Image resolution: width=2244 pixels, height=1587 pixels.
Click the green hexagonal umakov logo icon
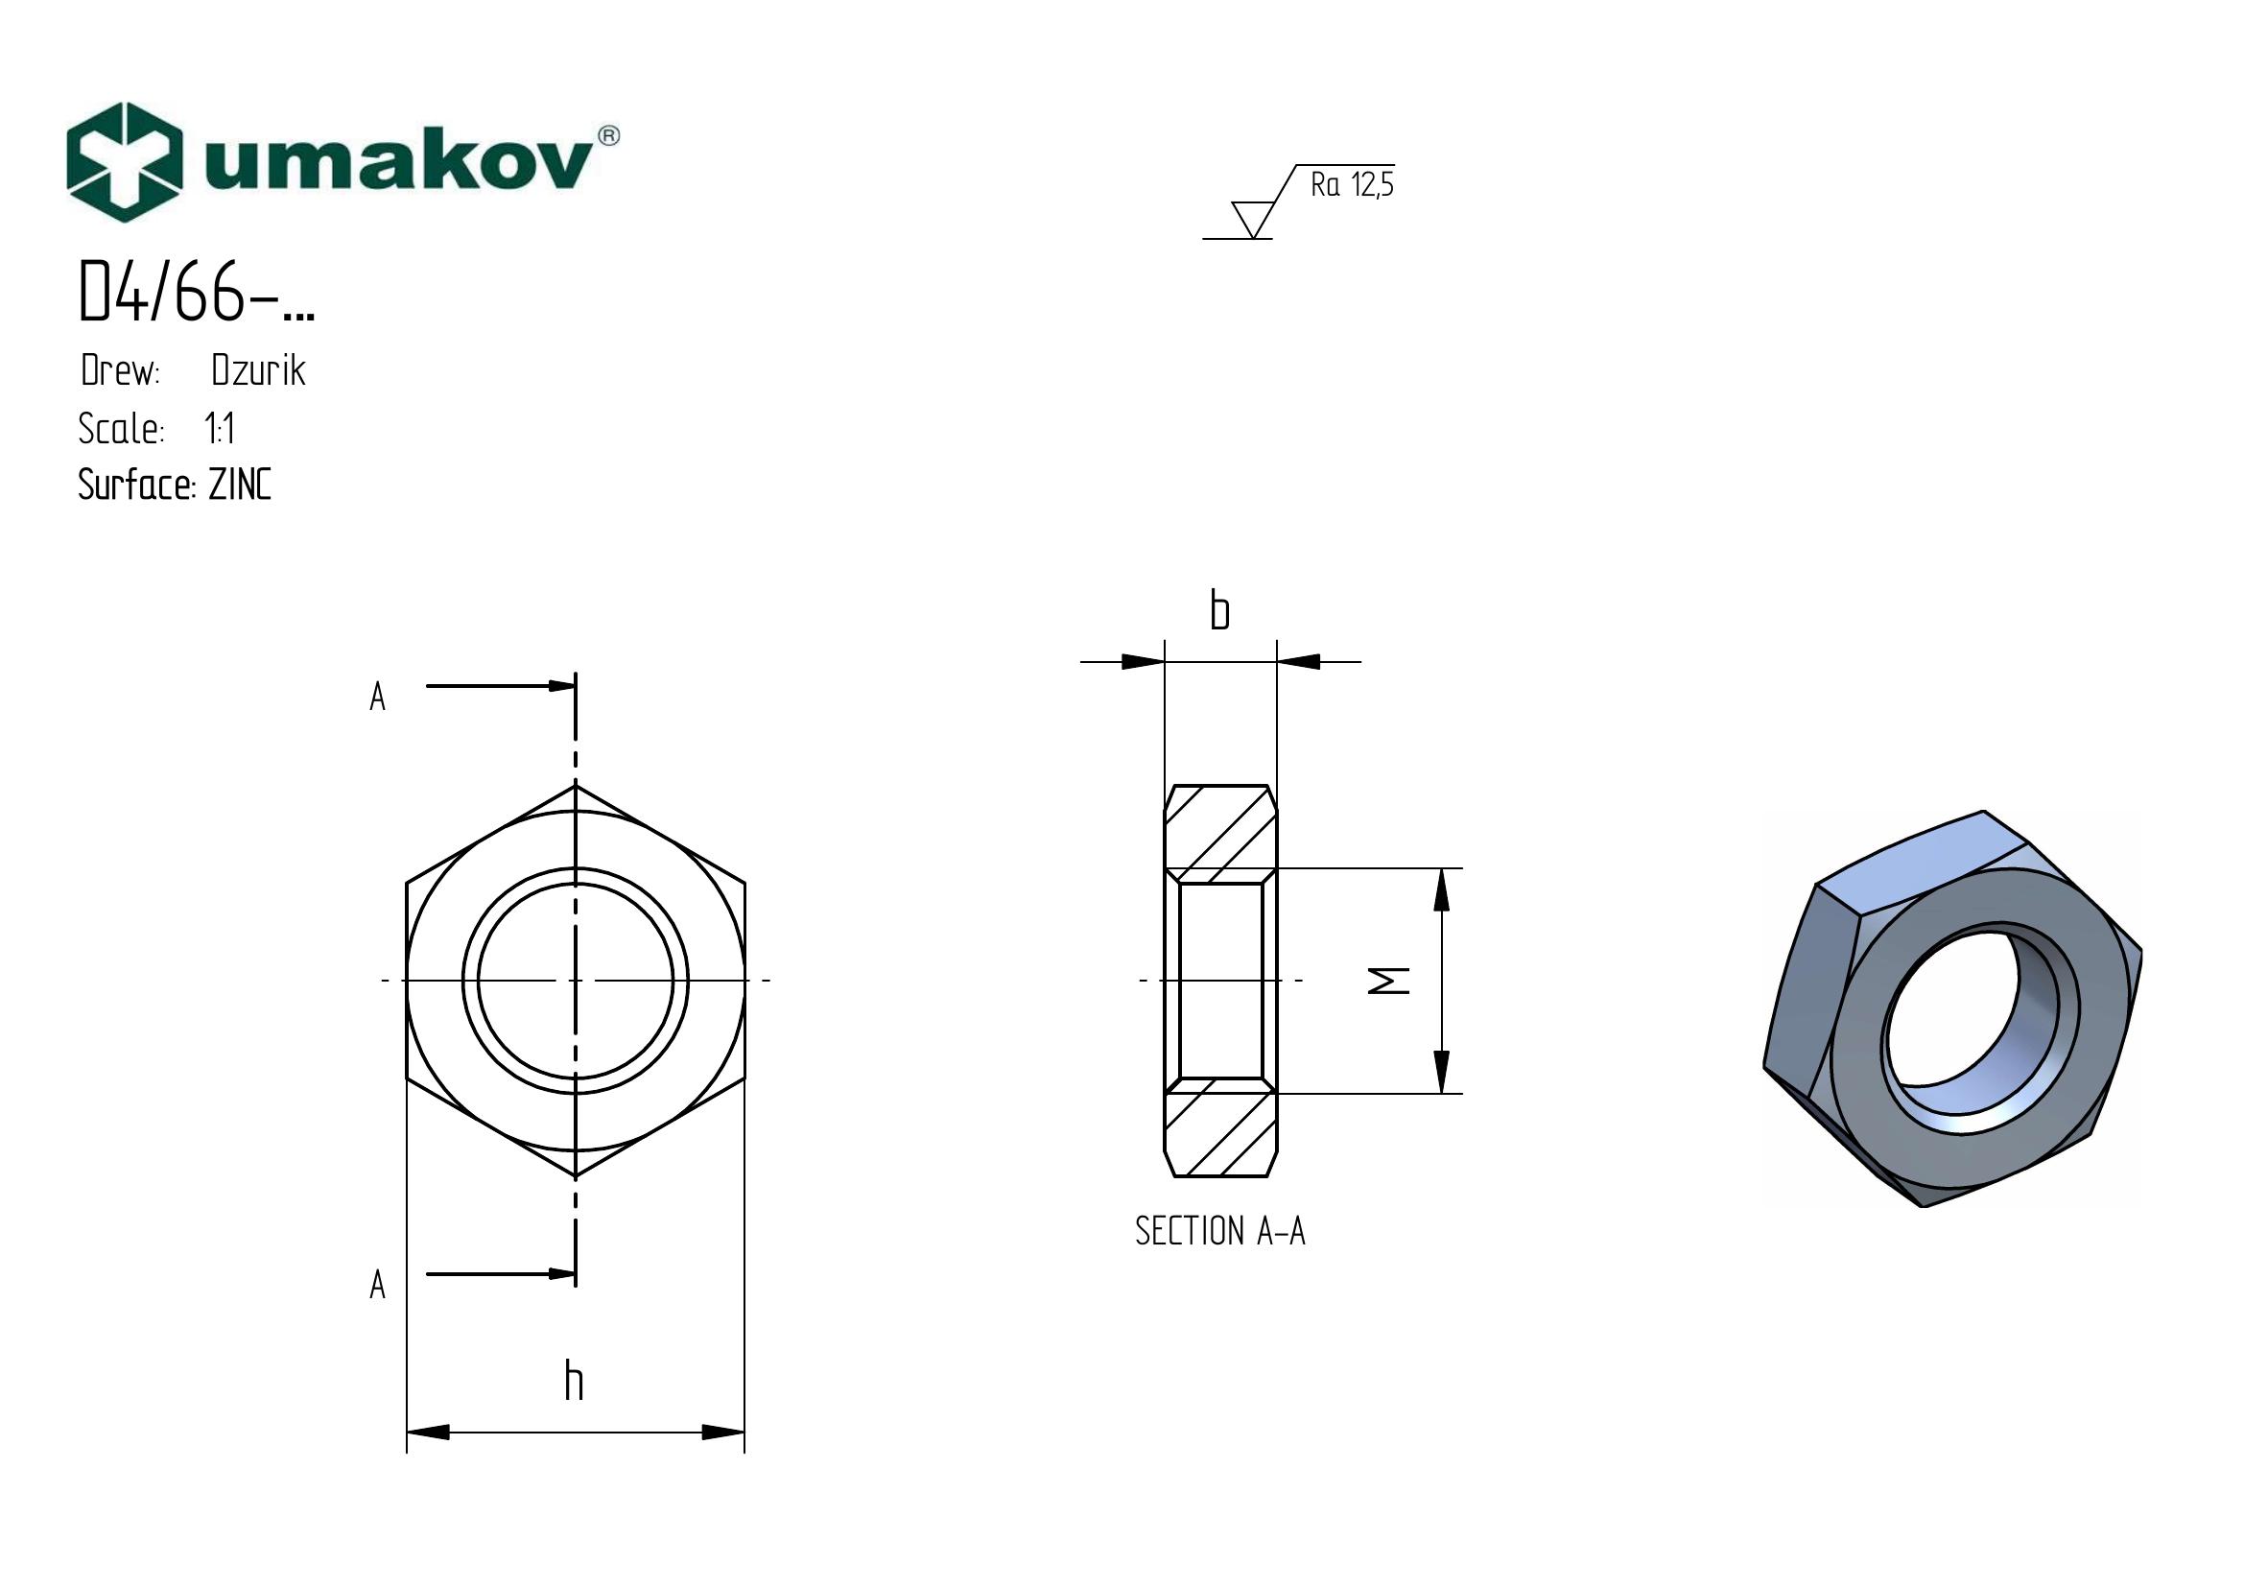click(x=125, y=162)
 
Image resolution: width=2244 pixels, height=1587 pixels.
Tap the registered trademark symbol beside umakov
click(x=607, y=136)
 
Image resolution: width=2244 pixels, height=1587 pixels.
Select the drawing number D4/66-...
click(x=197, y=294)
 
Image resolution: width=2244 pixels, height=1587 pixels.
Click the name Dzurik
click(x=259, y=370)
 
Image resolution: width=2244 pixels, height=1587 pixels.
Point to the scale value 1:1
click(x=219, y=428)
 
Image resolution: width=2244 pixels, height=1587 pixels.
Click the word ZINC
click(x=241, y=485)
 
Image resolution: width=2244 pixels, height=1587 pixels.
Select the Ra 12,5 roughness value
click(x=1353, y=184)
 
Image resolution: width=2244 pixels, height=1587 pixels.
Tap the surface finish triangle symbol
click(x=1252, y=219)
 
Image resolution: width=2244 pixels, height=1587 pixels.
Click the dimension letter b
click(x=1219, y=611)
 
